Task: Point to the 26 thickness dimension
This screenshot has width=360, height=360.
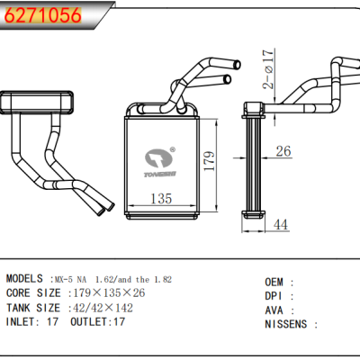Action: click(x=283, y=151)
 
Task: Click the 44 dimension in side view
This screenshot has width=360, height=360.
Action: click(x=282, y=224)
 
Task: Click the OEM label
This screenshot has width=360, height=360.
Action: click(x=274, y=282)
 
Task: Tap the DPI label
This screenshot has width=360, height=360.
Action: click(x=274, y=295)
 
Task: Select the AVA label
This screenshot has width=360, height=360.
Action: click(x=274, y=310)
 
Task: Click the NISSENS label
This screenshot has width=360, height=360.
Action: click(x=286, y=324)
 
